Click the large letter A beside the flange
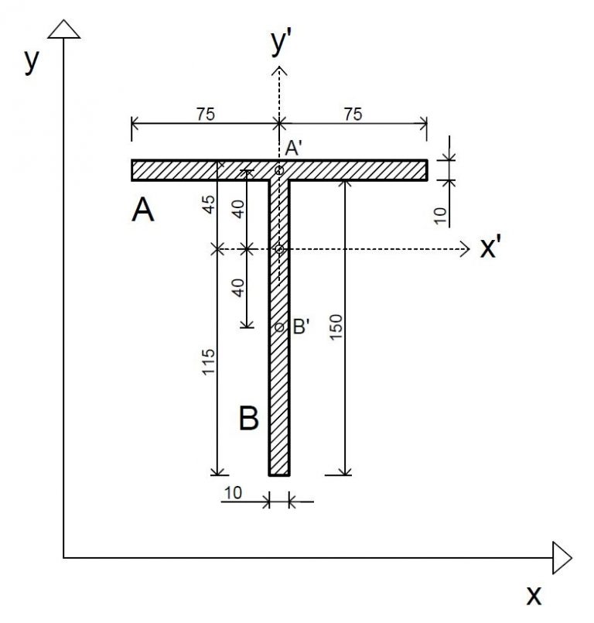[x=142, y=210]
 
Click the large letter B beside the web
[x=248, y=419]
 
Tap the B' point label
[x=301, y=327]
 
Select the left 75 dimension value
[x=205, y=113]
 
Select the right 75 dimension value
[x=352, y=113]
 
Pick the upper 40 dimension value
[x=239, y=209]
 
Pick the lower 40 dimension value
[x=239, y=287]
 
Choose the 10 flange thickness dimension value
[x=440, y=215]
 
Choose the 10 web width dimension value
[x=234, y=491]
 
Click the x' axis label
[x=493, y=248]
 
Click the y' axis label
[x=280, y=44]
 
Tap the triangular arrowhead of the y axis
[x=63, y=29]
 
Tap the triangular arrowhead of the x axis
[x=562, y=557]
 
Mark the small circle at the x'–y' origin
[x=280, y=249]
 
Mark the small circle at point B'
[x=280, y=327]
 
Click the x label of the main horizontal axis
[x=534, y=595]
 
